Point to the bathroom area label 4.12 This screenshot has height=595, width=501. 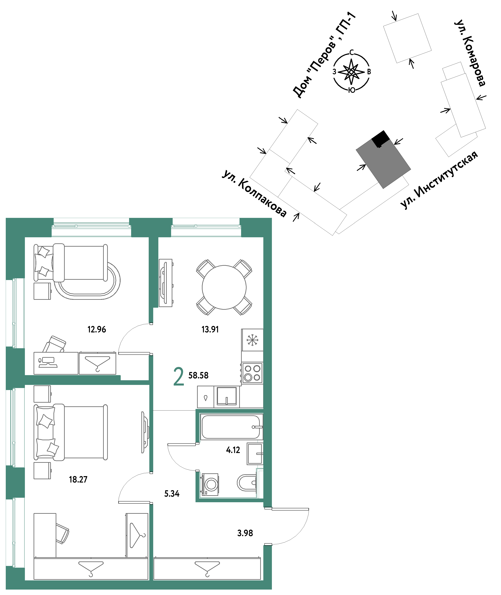click(x=233, y=450)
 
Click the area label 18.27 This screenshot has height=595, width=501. click(x=78, y=480)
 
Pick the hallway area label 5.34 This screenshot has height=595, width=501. click(x=172, y=494)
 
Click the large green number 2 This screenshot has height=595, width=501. click(x=179, y=377)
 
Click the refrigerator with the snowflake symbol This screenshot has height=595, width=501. click(x=252, y=340)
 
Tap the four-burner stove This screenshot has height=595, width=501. click(x=252, y=373)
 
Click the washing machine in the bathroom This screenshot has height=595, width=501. click(x=210, y=485)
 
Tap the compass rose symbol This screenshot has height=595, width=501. click(x=351, y=72)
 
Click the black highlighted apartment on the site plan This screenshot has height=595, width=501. click(x=381, y=138)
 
